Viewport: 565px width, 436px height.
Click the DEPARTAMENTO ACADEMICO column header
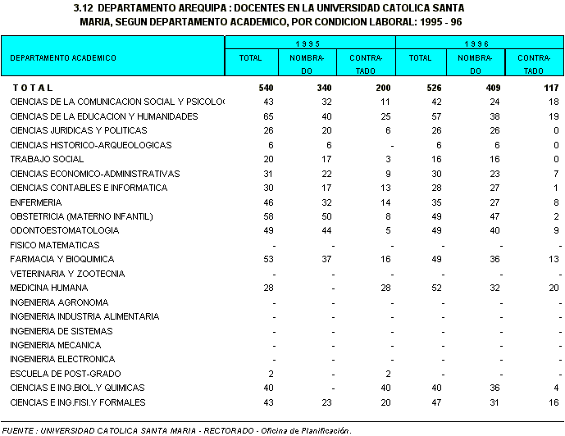tap(63, 58)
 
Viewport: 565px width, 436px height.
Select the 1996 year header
tap(479, 42)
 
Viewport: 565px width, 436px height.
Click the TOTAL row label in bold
tap(33, 88)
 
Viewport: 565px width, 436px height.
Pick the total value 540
tap(266, 88)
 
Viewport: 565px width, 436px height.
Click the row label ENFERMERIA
tap(35, 202)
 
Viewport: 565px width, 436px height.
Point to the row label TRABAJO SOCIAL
tap(47, 159)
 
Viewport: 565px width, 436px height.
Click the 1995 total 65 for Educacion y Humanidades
tap(268, 116)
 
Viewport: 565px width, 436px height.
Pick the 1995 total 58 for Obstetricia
tap(268, 216)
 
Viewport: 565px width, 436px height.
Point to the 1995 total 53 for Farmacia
tap(268, 259)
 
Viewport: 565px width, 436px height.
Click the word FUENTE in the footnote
tap(18, 430)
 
